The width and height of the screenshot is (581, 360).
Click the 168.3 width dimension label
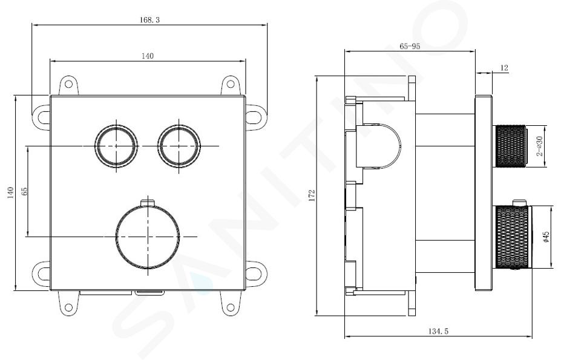point(149,20)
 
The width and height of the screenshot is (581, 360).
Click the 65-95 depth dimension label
point(410,47)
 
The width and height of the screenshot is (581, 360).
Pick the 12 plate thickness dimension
point(504,68)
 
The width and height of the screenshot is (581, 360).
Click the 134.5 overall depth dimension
point(438,332)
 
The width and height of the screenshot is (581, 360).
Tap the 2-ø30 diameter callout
point(539,146)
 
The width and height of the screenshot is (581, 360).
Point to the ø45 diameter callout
point(545,237)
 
